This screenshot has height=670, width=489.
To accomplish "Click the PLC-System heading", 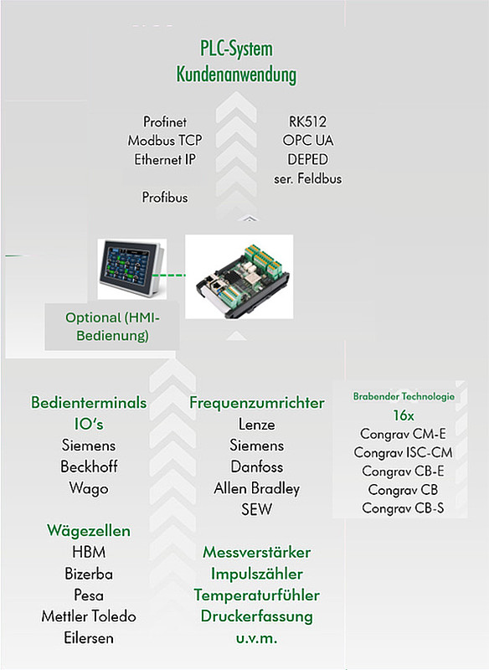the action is (x=236, y=49).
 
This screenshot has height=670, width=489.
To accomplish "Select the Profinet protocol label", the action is (x=165, y=121).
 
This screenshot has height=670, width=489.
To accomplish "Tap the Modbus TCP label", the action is (x=165, y=141).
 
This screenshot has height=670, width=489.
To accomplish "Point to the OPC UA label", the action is (x=307, y=141).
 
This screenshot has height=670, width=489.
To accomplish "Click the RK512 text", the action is (x=307, y=121).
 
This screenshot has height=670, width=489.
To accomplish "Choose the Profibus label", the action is (x=165, y=198).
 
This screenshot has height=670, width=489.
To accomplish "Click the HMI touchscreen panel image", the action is (x=131, y=268).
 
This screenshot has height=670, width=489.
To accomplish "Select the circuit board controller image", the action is (x=239, y=276).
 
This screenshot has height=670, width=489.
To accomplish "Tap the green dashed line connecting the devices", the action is (x=169, y=276).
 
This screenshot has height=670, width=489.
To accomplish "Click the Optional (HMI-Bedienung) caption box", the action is (x=112, y=327).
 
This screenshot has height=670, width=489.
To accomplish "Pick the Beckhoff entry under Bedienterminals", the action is (x=89, y=466).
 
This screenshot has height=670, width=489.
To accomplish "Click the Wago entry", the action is (x=89, y=488).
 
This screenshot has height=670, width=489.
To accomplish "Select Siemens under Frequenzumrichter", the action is (x=257, y=446).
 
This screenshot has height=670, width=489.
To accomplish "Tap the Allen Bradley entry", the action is (x=257, y=488).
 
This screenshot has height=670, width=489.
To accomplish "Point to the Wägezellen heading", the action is (x=89, y=531).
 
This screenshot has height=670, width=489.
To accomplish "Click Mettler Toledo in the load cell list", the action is (x=89, y=616).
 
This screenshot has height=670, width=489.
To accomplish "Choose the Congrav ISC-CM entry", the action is (x=403, y=452).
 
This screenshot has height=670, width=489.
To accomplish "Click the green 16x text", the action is (x=403, y=415).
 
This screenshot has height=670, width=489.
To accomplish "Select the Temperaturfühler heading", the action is (x=257, y=595).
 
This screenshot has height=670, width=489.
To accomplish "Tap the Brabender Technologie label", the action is (x=404, y=396).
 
